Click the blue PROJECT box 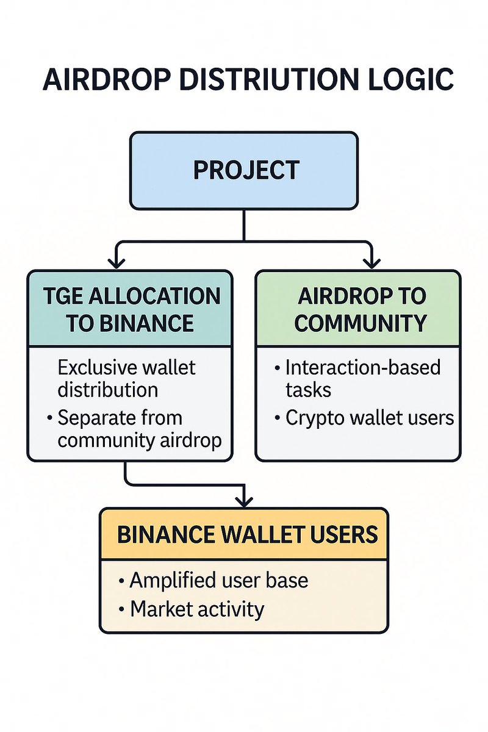tap(244, 171)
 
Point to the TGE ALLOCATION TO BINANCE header tap(129, 309)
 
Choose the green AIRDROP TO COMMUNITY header tap(358, 309)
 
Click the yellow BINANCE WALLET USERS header tap(244, 534)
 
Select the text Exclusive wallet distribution tap(126, 378)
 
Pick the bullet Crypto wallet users tap(369, 418)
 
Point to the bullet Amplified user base tap(218, 580)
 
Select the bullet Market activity tap(197, 609)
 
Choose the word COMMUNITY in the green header tap(360, 323)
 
